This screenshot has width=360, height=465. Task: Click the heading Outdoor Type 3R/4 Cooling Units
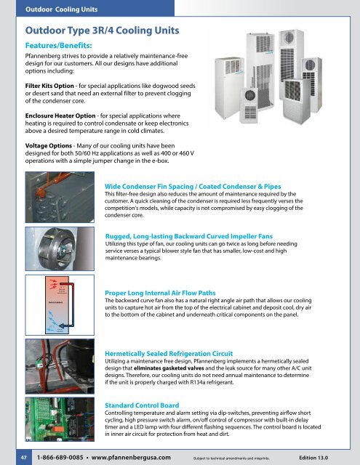(103, 32)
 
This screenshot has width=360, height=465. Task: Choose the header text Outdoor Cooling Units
(59, 9)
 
